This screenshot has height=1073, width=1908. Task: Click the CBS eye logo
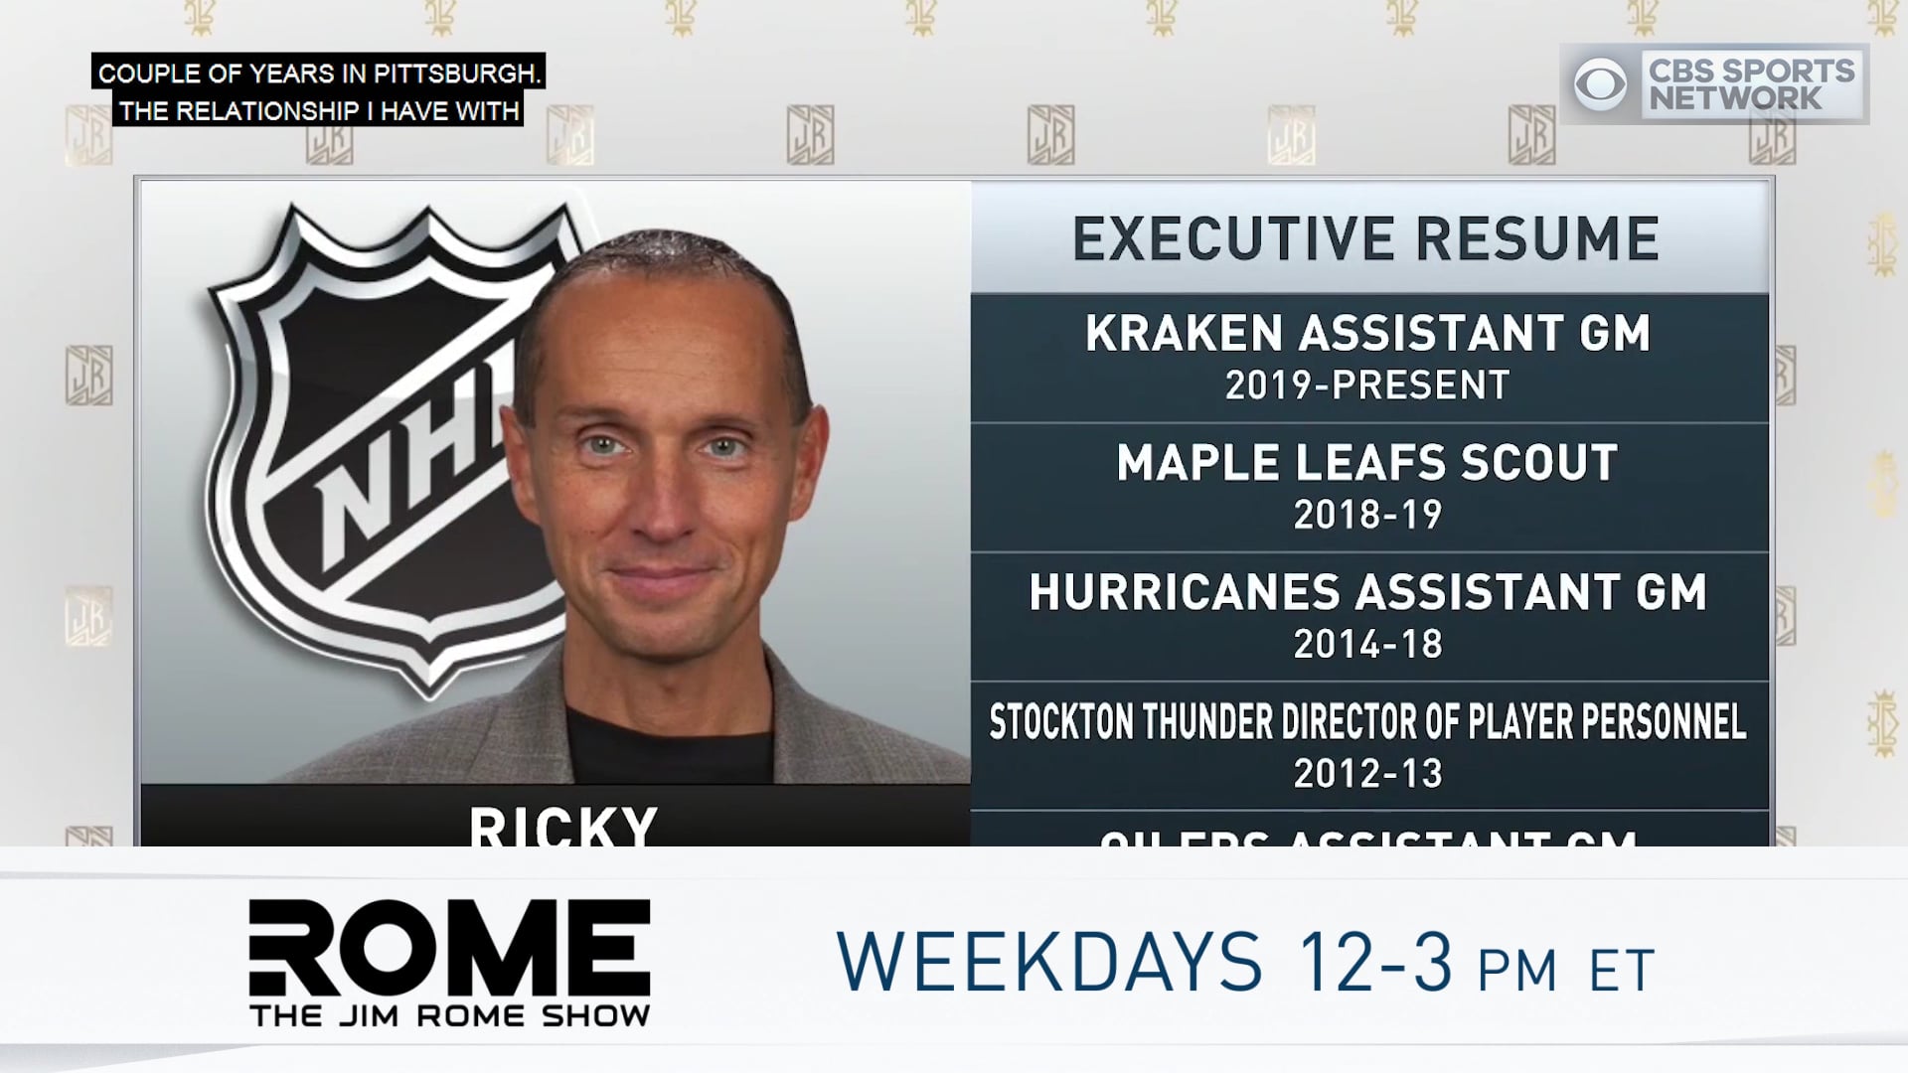(x=1600, y=84)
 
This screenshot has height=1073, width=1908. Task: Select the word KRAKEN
(x=1186, y=334)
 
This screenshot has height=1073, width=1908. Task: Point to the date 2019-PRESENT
(x=1367, y=385)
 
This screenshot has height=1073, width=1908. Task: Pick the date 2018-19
(x=1367, y=515)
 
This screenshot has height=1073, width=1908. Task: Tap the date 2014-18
(x=1367, y=645)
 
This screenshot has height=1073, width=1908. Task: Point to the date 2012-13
(x=1367, y=774)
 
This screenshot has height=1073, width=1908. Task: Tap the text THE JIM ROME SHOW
(x=450, y=1015)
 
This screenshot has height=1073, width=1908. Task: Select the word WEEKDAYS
(x=1049, y=962)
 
